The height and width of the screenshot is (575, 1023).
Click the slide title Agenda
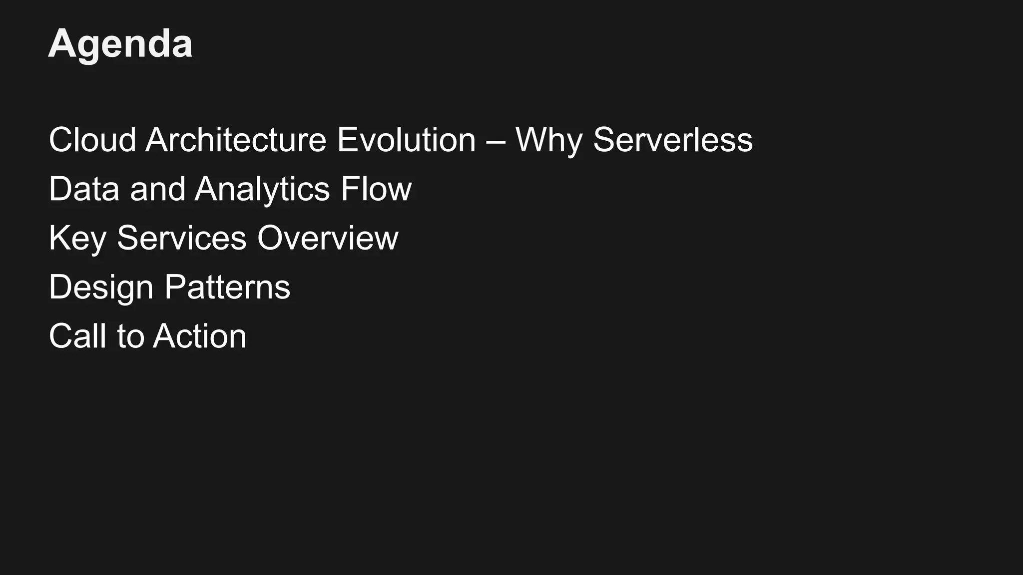tap(120, 44)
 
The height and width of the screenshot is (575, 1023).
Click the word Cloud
tap(92, 140)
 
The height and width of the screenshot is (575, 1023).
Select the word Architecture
tap(236, 140)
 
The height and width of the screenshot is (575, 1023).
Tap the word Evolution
tap(406, 140)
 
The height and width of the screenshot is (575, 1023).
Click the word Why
tap(548, 141)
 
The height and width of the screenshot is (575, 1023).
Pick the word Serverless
tap(672, 140)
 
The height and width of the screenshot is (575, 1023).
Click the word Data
tap(84, 189)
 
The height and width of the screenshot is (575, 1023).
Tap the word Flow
tap(376, 189)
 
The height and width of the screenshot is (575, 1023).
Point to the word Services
tap(181, 238)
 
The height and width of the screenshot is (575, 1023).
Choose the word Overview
tap(328, 238)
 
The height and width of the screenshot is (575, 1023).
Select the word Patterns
tap(227, 287)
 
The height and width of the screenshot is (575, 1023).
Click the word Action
tap(200, 336)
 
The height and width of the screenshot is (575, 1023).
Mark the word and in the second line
tap(157, 189)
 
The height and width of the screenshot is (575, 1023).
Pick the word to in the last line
tap(130, 336)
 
